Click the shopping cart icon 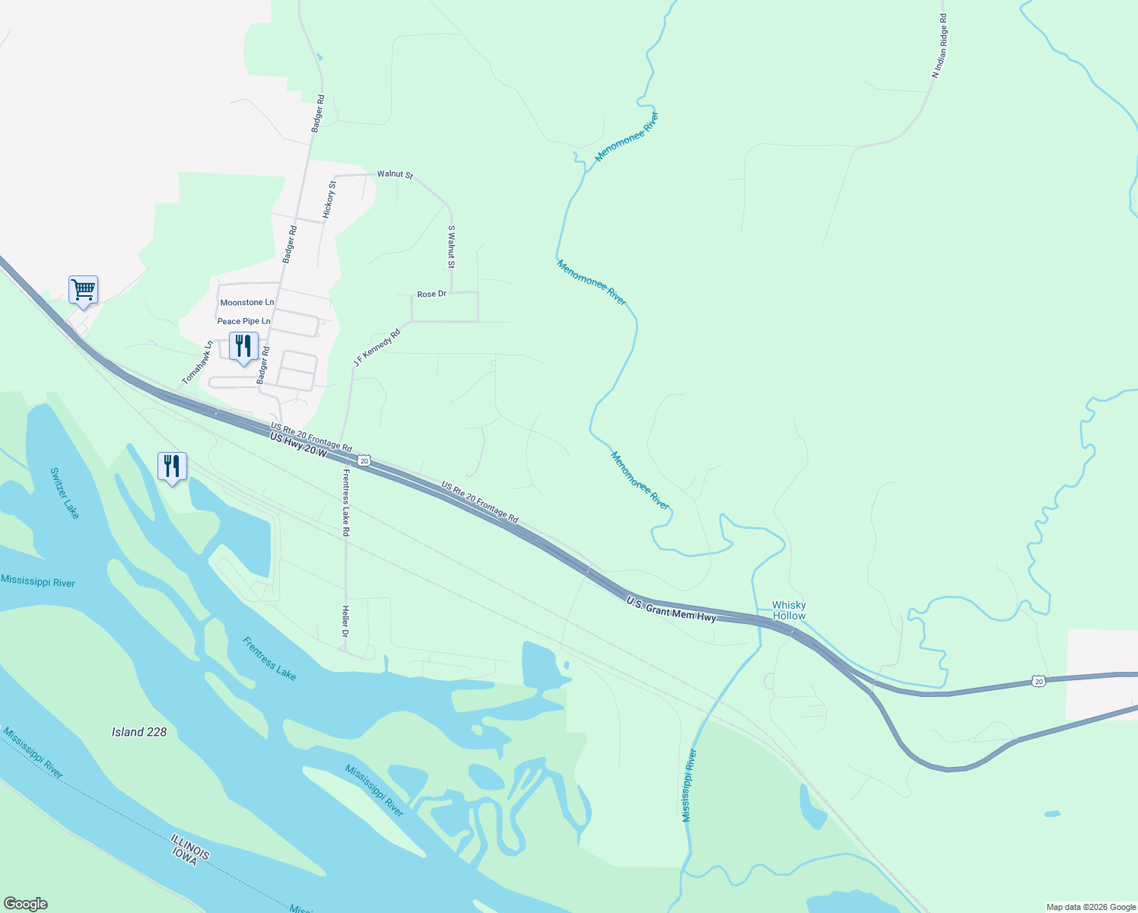click(x=83, y=290)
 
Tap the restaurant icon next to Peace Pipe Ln click(x=243, y=346)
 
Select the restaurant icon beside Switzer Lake click(x=172, y=466)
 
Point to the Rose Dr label click(x=431, y=294)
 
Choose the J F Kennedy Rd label click(x=377, y=348)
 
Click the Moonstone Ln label click(x=246, y=303)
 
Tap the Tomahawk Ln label click(x=198, y=362)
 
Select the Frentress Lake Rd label click(x=345, y=502)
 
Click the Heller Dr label click(x=345, y=622)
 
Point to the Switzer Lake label click(x=65, y=493)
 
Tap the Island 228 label click(x=139, y=732)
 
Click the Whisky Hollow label click(x=789, y=611)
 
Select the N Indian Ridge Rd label click(x=940, y=46)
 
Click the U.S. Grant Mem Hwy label click(x=672, y=609)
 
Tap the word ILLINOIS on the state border click(x=190, y=847)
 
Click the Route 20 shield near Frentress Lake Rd click(x=365, y=461)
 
